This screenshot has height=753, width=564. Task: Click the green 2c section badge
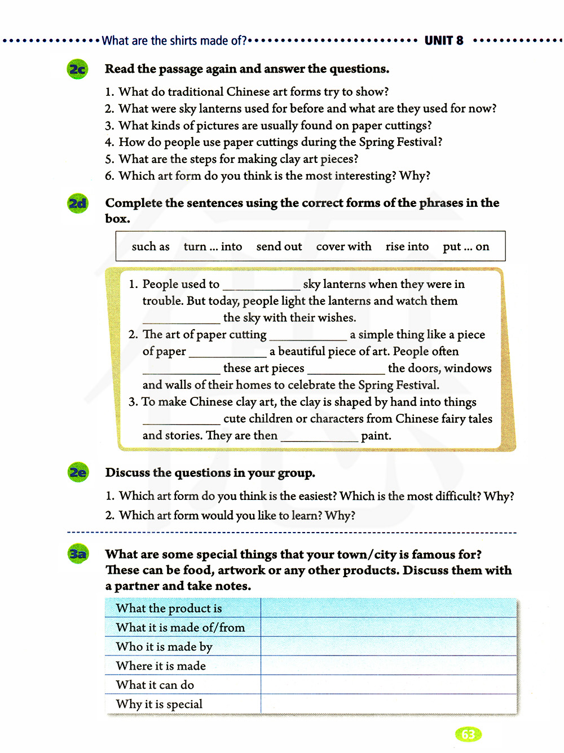[77, 69]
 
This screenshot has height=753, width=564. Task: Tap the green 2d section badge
[77, 203]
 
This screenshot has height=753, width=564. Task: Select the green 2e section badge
[77, 472]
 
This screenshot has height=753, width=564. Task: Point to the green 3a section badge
[77, 554]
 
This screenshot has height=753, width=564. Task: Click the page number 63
[468, 734]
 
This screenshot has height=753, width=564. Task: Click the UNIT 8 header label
[444, 41]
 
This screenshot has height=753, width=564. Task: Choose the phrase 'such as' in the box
[151, 246]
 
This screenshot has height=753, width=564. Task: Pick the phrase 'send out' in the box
[279, 246]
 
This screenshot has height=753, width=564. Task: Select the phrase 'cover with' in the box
[343, 246]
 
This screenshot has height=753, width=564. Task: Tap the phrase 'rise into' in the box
[407, 246]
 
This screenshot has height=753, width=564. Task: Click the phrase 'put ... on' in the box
[466, 246]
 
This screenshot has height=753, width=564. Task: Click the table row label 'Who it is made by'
[164, 646]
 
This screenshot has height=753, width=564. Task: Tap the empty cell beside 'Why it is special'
[388, 704]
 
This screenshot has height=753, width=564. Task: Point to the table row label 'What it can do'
[155, 685]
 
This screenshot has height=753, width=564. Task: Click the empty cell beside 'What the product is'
[388, 608]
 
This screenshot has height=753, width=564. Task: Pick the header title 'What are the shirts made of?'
[174, 41]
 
